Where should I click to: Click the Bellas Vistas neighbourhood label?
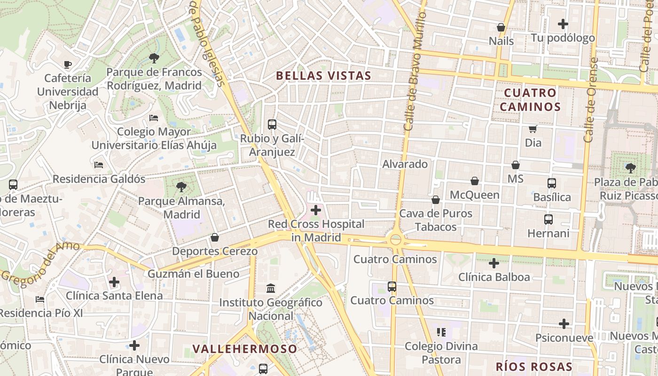[x=323, y=76]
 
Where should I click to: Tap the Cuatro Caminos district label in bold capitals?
[x=530, y=100]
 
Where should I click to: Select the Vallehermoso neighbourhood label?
[x=245, y=349]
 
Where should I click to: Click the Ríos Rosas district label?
[x=534, y=367]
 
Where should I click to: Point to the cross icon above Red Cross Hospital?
[x=316, y=210]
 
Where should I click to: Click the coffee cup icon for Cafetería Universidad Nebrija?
[x=68, y=64]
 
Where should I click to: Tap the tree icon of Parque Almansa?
[x=181, y=187]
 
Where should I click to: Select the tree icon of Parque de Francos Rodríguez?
[x=154, y=58]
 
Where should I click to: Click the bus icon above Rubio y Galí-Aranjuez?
[x=272, y=125]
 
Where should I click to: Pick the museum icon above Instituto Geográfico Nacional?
[x=271, y=288]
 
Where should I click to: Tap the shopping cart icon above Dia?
[x=533, y=129]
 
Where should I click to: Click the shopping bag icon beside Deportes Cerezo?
[x=215, y=237]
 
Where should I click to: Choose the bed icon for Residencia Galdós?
[x=99, y=165]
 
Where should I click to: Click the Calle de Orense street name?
[x=591, y=100]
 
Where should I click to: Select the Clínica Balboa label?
[x=494, y=277]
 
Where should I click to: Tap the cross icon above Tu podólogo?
[x=563, y=24]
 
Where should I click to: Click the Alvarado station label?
[x=405, y=164]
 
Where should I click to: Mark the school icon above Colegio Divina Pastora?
[x=441, y=332]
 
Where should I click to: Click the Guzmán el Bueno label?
[x=193, y=274]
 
